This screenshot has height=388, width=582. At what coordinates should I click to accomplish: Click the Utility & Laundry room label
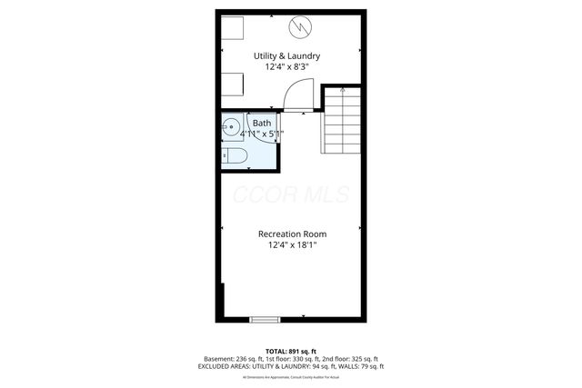(x=292, y=55)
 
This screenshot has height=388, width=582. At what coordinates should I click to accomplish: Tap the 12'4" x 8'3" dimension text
(x=292, y=67)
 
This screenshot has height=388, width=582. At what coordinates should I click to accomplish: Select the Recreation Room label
(x=292, y=234)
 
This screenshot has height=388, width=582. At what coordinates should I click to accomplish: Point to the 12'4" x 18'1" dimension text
(x=292, y=245)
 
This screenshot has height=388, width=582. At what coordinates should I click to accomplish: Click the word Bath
(x=261, y=123)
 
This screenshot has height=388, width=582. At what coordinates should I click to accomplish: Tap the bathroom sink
(x=233, y=127)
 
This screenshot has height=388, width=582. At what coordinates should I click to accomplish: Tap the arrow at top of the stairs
(x=342, y=91)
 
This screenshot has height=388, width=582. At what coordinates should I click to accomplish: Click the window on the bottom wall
(x=266, y=318)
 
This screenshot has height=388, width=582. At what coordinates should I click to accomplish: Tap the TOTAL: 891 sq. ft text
(x=291, y=351)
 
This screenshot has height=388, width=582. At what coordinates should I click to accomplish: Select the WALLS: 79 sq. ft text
(x=357, y=366)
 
